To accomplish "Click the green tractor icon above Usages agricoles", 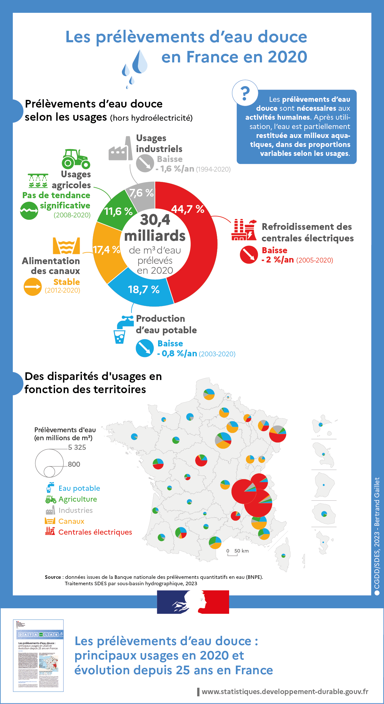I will coord(76,159).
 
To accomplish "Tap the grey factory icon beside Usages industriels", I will coord(121,149).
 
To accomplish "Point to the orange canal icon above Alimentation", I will coord(66,246).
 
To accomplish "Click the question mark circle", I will coord(245,93).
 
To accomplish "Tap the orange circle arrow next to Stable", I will coord(33,287).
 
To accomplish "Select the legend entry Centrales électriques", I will coord(95,532).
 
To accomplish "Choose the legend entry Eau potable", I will coord(79,488).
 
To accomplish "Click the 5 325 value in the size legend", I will coord(77,447).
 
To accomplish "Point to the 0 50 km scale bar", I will coord(237,552).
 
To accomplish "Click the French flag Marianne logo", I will coord(193,602).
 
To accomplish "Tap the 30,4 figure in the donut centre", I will coord(155,220).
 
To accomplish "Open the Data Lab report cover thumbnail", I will coord(38,655).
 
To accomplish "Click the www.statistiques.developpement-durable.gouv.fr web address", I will coord(285,692).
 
